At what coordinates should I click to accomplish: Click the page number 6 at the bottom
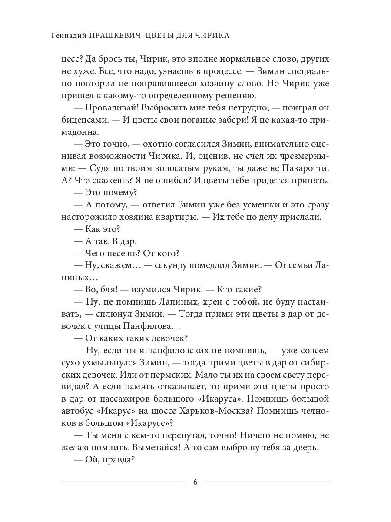[x=195, y=482]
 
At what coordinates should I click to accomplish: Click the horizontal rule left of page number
[x=123, y=482]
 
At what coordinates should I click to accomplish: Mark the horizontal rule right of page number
[x=267, y=482]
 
